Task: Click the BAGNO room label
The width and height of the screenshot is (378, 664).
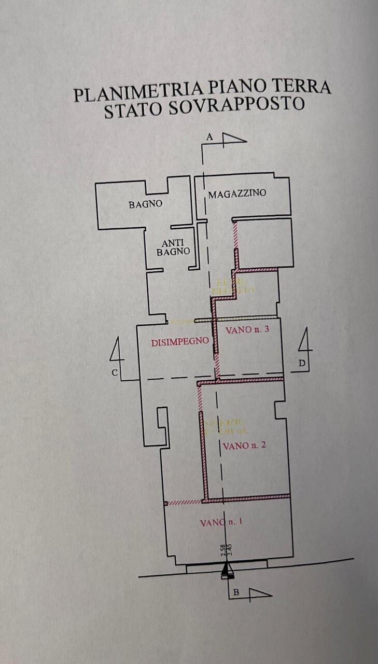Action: [145, 204]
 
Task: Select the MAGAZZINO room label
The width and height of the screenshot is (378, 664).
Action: [237, 193]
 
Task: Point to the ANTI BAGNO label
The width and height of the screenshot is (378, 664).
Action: [173, 246]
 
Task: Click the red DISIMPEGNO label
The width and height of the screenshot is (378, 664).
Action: [173, 342]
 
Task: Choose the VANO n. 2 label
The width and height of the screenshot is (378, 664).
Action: [244, 446]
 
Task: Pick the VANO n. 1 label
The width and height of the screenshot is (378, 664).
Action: [221, 522]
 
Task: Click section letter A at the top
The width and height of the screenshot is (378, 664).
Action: [209, 137]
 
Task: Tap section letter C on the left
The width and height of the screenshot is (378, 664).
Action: [115, 372]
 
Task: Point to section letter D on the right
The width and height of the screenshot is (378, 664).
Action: [302, 364]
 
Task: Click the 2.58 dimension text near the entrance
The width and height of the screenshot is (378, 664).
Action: [223, 550]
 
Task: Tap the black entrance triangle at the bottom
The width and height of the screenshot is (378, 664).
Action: [227, 570]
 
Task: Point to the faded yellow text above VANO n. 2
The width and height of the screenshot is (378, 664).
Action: [220, 425]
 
